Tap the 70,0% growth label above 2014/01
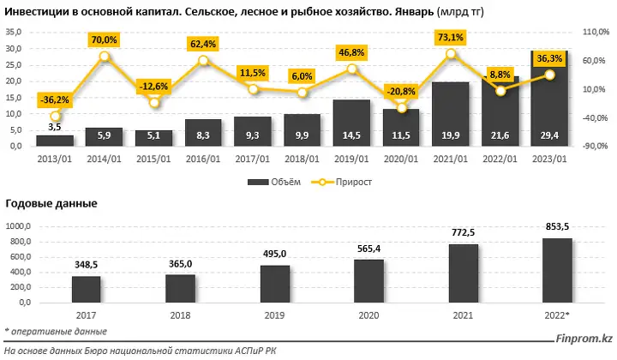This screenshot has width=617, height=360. [104, 39]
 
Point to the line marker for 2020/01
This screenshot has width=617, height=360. [400, 107]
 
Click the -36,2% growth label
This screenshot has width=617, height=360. [55, 100]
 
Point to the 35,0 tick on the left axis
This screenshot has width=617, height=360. [14, 33]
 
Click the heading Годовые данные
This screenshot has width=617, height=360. [51, 203]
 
